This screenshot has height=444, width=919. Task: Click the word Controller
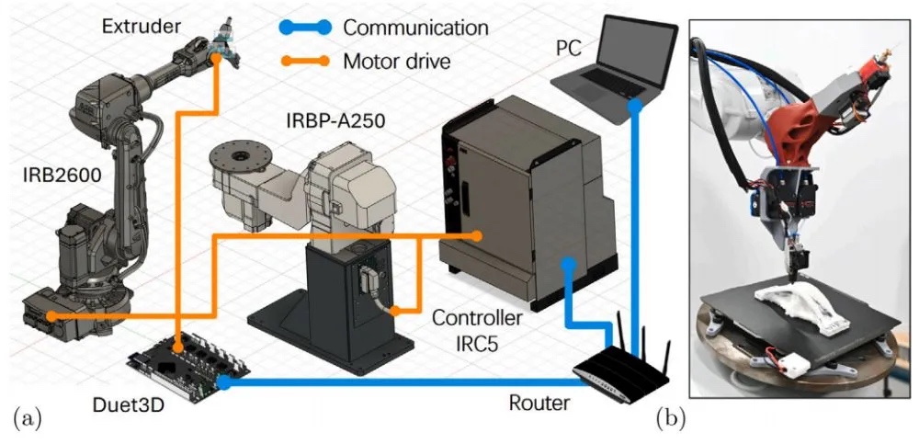coord(479,318)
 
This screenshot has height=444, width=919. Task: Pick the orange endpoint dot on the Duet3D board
coord(176,347)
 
